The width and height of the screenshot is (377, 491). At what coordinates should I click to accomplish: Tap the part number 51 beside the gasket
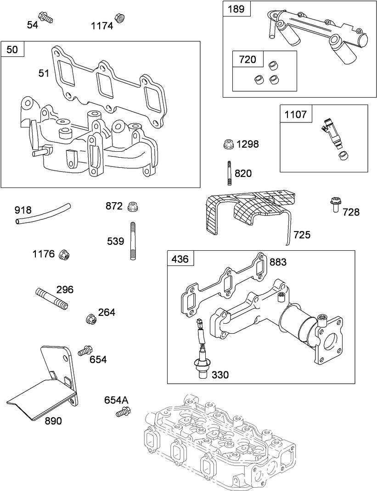[44, 73]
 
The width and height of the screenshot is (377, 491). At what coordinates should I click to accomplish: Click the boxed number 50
[13, 50]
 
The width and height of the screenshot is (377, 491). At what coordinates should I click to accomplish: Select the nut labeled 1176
[65, 254]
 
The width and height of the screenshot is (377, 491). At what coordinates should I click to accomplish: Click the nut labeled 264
[91, 318]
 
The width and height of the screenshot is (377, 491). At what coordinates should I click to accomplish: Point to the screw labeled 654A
[121, 413]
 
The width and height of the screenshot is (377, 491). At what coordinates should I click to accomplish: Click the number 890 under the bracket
[53, 421]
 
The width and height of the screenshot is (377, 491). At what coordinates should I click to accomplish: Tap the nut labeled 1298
[227, 144]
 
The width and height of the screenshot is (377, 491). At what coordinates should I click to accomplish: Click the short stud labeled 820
[228, 172]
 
